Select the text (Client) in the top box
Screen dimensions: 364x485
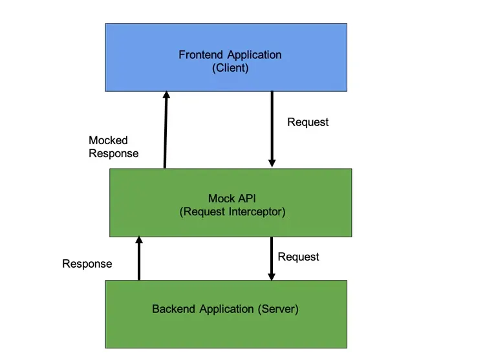coord(230,67)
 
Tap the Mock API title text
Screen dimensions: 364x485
coord(230,198)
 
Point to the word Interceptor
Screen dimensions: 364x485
coord(257,211)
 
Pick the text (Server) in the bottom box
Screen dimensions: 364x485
coord(279,309)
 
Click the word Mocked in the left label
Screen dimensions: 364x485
coord(108,140)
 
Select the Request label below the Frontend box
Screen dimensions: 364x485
coord(308,122)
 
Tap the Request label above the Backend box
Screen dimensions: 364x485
coord(298,257)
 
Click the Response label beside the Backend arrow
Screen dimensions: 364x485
coord(87,264)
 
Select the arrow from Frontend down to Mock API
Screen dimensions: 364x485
coord(272,129)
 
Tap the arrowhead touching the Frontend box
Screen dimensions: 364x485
coord(166,96)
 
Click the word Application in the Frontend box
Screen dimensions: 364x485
coord(253,55)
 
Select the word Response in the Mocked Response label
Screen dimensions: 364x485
coord(113,153)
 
